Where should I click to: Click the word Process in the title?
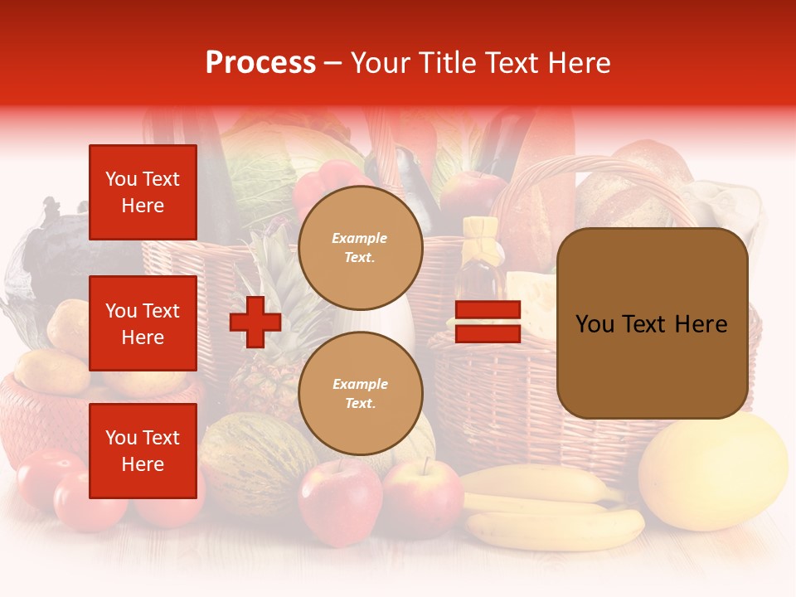coord(260,63)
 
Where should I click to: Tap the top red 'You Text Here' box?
coord(143,192)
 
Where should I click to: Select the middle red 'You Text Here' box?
coord(143,323)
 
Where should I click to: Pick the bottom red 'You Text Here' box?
coord(143,451)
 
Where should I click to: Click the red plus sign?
coord(255,322)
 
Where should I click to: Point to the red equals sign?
coord(488,322)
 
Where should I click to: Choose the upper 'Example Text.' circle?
coord(360,247)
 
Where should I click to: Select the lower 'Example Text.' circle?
coord(360,393)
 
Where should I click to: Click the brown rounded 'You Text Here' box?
coord(652,323)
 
